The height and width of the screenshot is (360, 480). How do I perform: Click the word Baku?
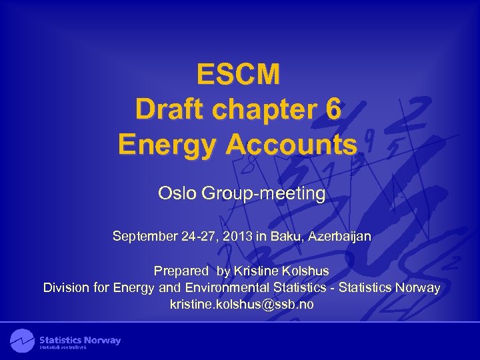click(288, 236)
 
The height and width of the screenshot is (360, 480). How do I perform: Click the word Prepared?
click(181, 271)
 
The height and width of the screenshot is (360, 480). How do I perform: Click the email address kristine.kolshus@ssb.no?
click(241, 305)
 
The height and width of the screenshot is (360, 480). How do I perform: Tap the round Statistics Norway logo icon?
click(22, 341)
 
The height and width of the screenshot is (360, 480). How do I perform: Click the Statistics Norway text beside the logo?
click(80, 340)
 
